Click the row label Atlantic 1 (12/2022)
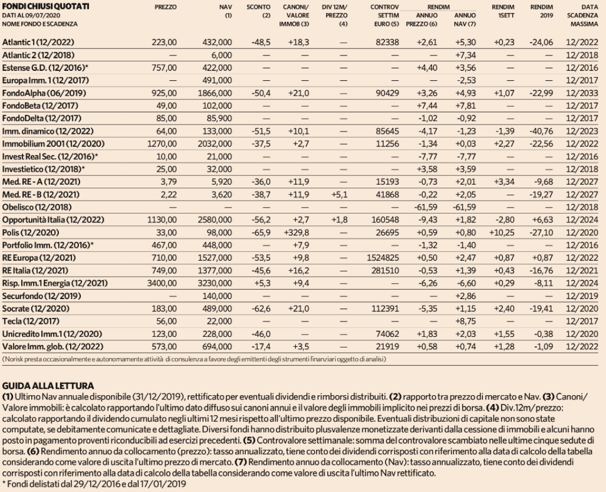38,42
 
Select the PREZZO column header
166,7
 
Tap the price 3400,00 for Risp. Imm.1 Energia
162,283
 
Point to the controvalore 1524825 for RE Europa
383,258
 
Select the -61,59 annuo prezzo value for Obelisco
426,207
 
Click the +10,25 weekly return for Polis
502,232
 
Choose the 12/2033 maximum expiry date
582,93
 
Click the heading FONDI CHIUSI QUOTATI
45,6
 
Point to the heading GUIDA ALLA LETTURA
48,386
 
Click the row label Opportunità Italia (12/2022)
53,220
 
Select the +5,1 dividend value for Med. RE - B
339,195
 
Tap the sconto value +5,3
262,283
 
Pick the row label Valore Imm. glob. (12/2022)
52,346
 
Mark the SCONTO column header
259,7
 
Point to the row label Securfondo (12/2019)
41,296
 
